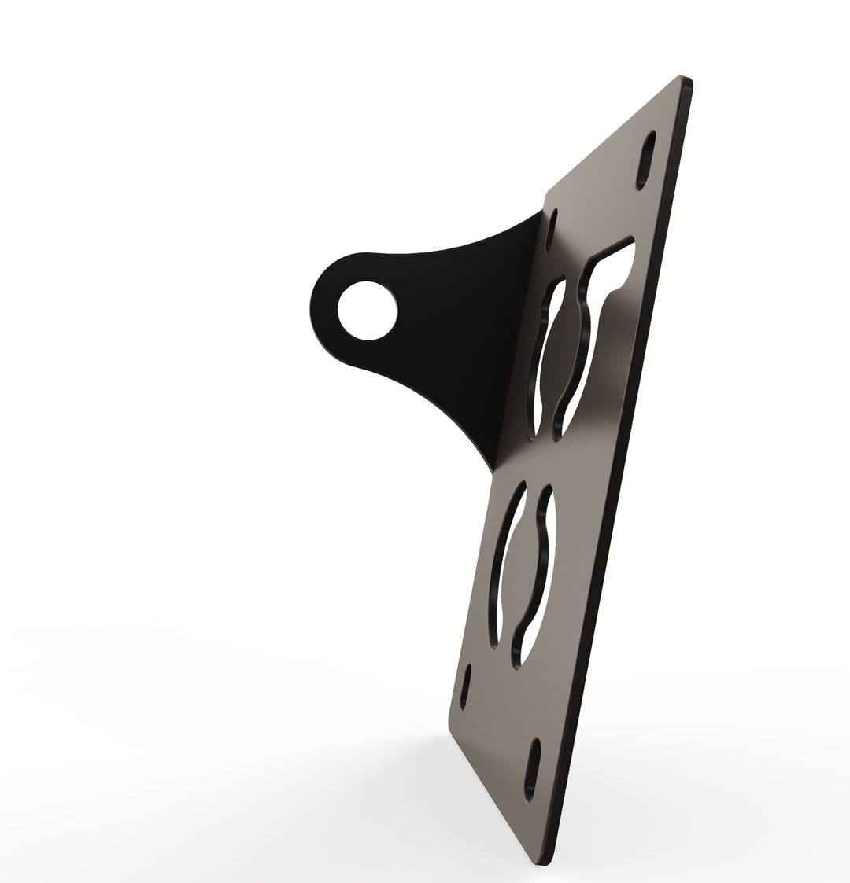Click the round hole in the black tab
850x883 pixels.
pos(367,310)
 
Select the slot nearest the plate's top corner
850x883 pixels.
pos(645,160)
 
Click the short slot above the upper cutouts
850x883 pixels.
pos(552,229)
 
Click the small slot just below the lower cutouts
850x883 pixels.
pos(466,686)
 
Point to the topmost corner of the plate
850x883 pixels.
pos(682,78)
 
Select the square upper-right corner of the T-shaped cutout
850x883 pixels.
pos(632,238)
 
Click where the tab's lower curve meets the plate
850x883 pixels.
pos(493,473)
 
